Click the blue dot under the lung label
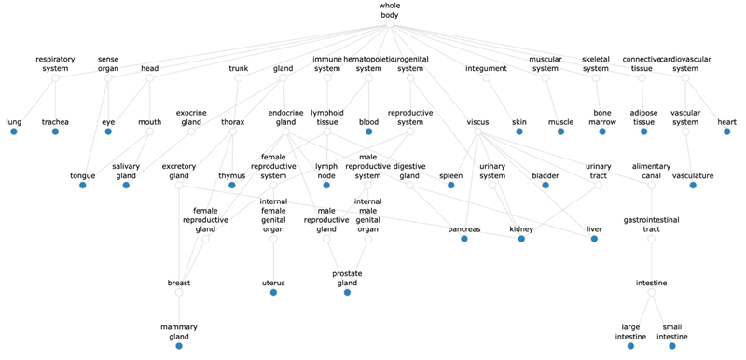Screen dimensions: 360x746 (14, 132)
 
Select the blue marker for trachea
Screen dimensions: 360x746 (55, 132)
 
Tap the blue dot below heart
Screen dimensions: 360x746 (726, 132)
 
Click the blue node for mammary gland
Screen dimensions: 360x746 (178, 346)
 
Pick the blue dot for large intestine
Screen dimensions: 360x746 (631, 346)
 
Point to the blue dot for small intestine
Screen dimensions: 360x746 (671, 346)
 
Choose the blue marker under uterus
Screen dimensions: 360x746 (273, 293)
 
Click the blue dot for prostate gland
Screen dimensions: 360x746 (346, 293)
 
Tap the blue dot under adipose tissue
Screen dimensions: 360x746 (643, 132)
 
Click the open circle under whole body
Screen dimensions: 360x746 (390, 25)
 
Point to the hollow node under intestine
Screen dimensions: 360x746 (652, 293)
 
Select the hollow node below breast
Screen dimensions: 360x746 (178, 293)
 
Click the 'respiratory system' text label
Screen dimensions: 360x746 (55, 63)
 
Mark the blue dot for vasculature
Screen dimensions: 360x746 (693, 186)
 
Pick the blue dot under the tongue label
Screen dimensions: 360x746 (82, 186)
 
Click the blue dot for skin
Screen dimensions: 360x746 (519, 132)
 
